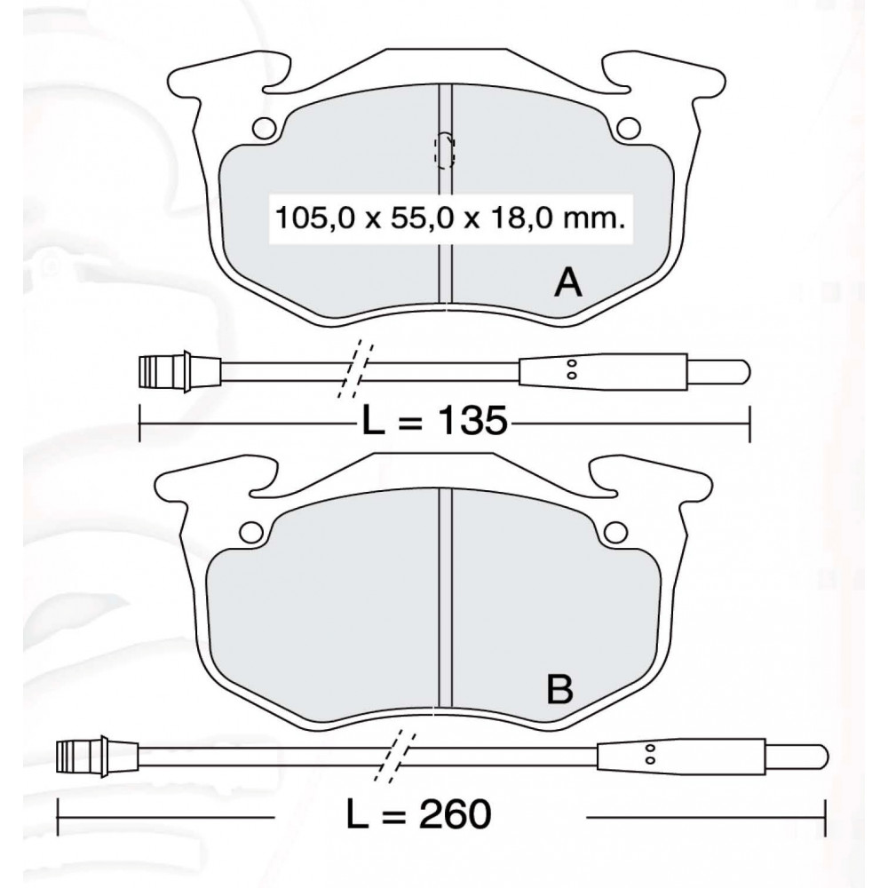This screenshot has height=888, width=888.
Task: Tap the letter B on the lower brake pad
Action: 559,689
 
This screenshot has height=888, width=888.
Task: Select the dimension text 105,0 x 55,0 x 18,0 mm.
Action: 449,218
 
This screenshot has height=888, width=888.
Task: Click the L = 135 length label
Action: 434,421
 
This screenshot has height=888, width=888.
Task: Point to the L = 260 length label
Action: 418,815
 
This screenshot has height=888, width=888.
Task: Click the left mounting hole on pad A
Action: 264,127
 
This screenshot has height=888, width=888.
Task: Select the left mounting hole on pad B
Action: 251,531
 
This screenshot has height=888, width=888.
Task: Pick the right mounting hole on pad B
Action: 615,531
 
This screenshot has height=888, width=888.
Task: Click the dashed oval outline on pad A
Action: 445,150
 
